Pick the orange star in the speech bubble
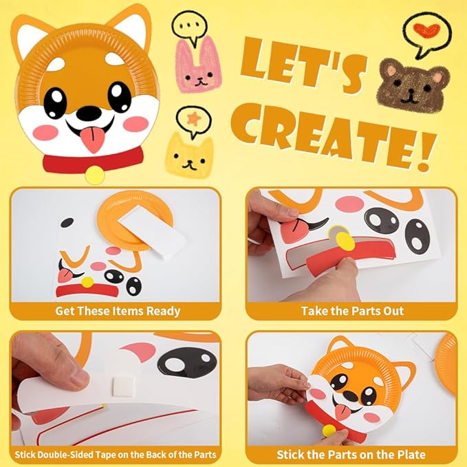(x=192, y=119)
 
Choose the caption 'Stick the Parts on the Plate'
(x=351, y=455)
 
